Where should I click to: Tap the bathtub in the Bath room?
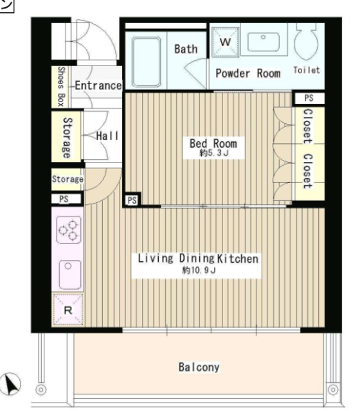click(146, 62)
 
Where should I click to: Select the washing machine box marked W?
click(225, 42)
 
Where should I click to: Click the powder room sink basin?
click(263, 42)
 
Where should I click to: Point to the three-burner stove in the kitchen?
click(69, 230)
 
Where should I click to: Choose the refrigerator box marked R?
click(68, 310)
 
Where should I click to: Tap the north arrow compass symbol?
click(10, 383)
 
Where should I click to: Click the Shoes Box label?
click(61, 87)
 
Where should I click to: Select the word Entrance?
click(98, 85)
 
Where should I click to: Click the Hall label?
click(107, 136)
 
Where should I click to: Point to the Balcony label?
click(199, 367)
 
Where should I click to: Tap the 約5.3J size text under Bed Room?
click(214, 153)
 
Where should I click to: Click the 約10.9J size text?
click(199, 270)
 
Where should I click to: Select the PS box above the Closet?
click(309, 98)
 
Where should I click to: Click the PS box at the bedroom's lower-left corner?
click(132, 200)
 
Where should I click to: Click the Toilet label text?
click(307, 70)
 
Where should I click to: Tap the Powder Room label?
click(248, 73)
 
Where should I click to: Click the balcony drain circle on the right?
click(333, 390)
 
